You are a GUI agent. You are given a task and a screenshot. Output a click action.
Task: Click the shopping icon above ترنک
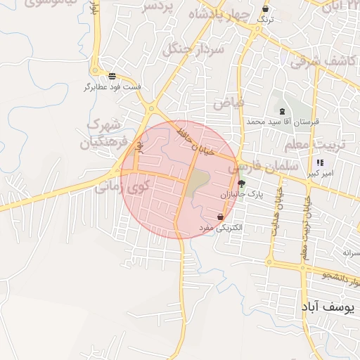[x=265, y=9]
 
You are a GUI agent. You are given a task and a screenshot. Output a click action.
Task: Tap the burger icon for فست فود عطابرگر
[x=112, y=76]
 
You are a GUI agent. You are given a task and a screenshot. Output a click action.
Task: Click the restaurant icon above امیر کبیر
[x=320, y=163]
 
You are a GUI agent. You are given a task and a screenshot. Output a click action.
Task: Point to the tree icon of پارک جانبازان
[x=242, y=184]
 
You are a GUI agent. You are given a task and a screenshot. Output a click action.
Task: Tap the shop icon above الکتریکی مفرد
[x=221, y=217]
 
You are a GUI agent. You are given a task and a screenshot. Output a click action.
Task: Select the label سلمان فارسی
[x=265, y=167]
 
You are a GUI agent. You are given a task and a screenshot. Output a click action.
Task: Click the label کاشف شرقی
[x=324, y=61]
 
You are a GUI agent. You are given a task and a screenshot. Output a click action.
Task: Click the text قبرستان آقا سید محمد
[x=283, y=122]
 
